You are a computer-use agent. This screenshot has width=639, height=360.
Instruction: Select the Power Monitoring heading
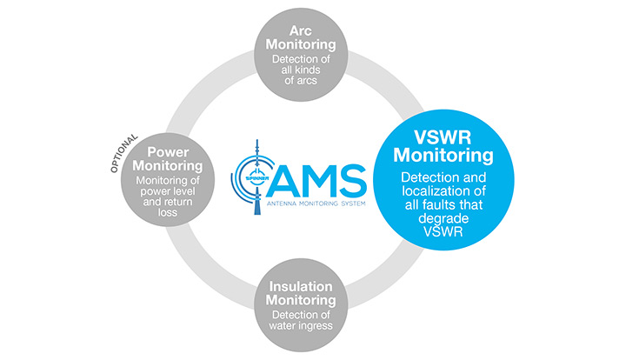169,157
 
